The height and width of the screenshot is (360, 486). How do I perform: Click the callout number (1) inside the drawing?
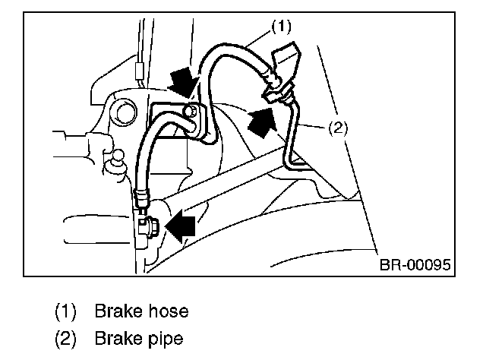coord(282,27)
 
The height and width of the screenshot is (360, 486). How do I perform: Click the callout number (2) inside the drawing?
coord(338,128)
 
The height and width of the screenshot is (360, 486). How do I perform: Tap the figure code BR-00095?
coord(415,265)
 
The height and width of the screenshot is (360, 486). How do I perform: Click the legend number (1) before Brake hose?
coord(65,311)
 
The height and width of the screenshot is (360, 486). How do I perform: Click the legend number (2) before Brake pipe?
coord(65,339)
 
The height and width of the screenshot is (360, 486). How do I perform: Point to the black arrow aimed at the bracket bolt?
coord(184,83)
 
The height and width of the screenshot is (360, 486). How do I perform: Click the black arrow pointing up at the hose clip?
coord(262,122)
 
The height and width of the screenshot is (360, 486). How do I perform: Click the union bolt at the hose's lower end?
coord(149,228)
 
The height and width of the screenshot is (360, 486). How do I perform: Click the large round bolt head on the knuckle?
coord(125,112)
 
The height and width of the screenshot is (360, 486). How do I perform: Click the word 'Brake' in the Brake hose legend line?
coord(118,311)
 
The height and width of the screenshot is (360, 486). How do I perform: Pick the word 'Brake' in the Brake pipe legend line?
coord(118,339)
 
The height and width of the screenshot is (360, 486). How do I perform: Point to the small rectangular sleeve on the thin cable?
coord(140,71)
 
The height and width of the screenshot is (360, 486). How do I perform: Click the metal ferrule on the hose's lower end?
coord(142,197)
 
